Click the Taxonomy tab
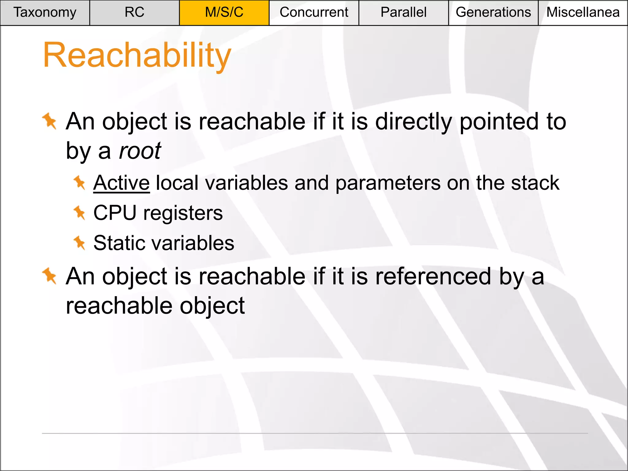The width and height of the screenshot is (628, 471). coord(45,13)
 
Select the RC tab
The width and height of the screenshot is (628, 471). coord(134,13)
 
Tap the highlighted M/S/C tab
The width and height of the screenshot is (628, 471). coord(224,13)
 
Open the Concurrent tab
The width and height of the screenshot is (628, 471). coord(314,13)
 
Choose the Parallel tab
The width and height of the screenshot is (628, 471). coord(404,13)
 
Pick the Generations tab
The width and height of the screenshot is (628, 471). coord(493,13)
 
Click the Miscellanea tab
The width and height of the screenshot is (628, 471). coord(583,13)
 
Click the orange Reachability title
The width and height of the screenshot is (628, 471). coord(137,56)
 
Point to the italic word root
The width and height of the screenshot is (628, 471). coord(140,151)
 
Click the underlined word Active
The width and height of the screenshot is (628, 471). coord(121,183)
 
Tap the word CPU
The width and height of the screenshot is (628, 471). coord(115,213)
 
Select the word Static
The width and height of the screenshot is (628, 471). coord(118,243)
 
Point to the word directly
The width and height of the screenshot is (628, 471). coord(414,122)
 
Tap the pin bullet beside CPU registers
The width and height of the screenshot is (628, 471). coord(79,213)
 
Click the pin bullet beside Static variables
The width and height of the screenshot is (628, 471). coord(79,243)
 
